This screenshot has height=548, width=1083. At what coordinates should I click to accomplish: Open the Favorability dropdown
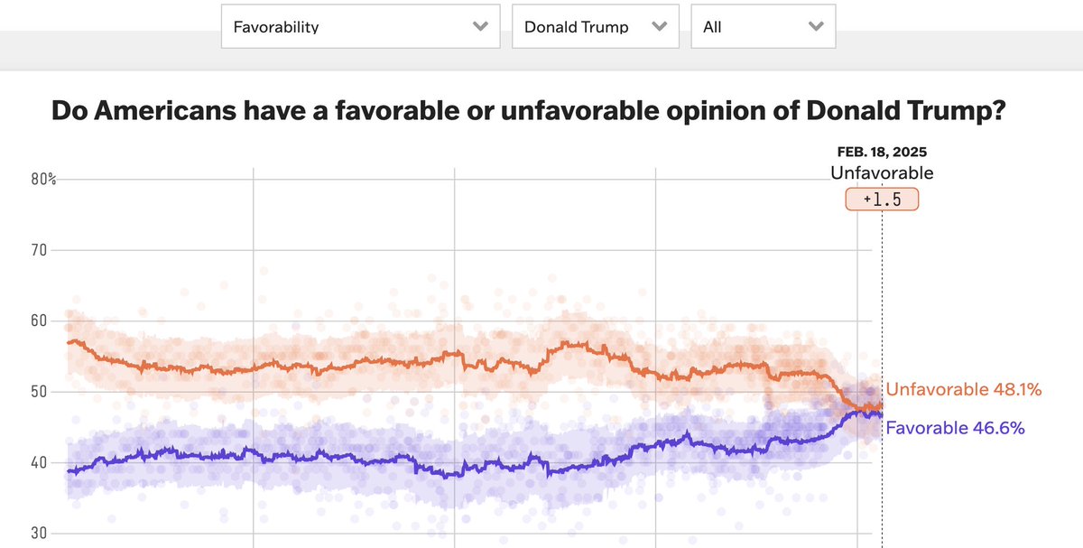(359, 26)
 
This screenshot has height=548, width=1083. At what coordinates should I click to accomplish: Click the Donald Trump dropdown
(595, 26)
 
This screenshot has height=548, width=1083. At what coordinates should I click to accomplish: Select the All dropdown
(763, 26)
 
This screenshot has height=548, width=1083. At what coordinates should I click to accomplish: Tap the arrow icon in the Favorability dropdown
(480, 26)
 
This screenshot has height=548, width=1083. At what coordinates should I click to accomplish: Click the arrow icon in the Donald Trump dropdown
(660, 26)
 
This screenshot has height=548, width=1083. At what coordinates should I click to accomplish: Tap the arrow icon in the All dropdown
(816, 26)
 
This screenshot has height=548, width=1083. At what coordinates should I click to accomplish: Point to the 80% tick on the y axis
(42, 180)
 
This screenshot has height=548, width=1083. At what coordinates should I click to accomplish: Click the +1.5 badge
(882, 200)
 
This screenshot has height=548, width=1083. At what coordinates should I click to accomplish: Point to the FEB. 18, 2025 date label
(882, 152)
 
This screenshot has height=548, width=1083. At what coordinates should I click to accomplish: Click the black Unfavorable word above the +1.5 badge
(882, 173)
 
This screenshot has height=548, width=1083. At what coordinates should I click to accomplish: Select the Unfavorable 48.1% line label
(964, 390)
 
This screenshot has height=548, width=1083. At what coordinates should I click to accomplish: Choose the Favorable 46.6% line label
(955, 428)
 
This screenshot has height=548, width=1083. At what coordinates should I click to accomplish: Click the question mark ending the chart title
(999, 112)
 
